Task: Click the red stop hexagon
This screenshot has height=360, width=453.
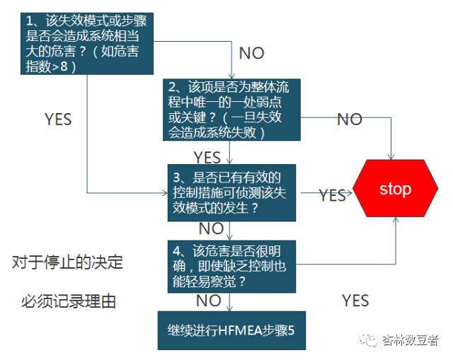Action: tap(395, 189)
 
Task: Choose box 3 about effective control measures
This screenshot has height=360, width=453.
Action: tap(231, 192)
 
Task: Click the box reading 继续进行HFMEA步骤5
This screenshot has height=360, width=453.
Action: tap(231, 330)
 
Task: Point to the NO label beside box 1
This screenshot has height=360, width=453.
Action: tap(251, 54)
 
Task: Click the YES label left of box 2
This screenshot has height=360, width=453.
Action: tap(58, 120)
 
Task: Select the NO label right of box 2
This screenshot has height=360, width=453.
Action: tap(350, 120)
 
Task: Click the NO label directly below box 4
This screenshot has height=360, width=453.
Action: tap(208, 301)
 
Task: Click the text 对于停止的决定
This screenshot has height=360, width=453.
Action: tap(67, 263)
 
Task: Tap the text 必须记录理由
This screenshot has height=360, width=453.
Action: tap(68, 303)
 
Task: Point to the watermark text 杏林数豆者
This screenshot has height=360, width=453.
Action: tap(410, 341)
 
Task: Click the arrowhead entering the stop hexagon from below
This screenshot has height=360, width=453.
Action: tap(395, 220)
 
